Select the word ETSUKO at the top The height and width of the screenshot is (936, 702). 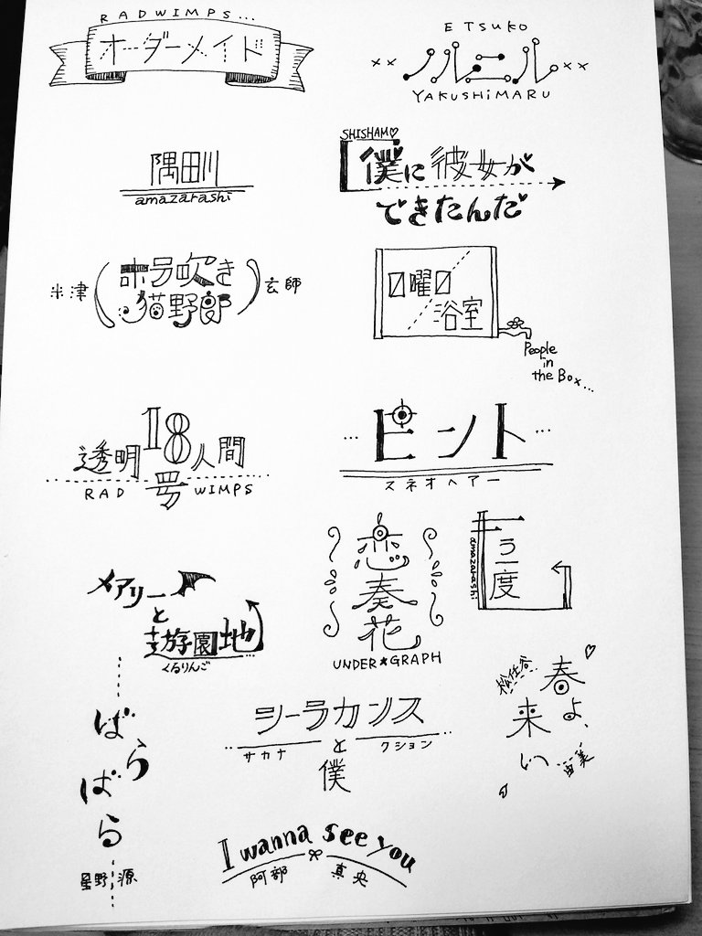(480, 28)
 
